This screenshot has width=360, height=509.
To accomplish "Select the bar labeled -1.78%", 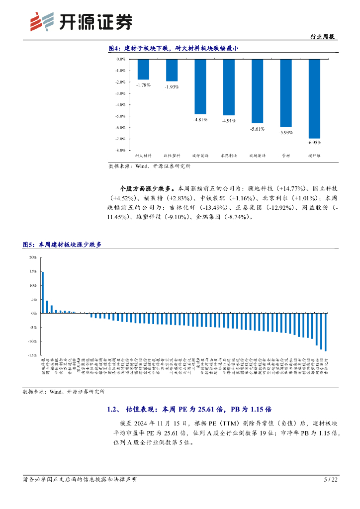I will pyautogui.click(x=143, y=69).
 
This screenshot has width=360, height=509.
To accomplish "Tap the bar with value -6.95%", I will pyautogui.click(x=314, y=98).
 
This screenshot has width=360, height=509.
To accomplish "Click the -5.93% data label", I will pyautogui.click(x=286, y=132).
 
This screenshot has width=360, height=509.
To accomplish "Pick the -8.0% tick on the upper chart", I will pyautogui.click(x=120, y=150).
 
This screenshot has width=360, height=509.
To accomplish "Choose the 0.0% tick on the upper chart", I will pyautogui.click(x=120, y=59).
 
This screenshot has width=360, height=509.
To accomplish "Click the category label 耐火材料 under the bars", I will pyautogui.click(x=144, y=156).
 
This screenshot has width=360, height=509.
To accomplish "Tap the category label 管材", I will pyautogui.click(x=286, y=156).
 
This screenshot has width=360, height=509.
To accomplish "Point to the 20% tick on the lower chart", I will pyautogui.click(x=33, y=257).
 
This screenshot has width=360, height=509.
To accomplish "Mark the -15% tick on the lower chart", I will pyautogui.click(x=32, y=355).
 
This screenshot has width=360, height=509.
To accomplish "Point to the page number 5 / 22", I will pyautogui.click(x=331, y=480).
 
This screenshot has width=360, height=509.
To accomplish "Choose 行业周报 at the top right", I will pyautogui.click(x=322, y=37).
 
